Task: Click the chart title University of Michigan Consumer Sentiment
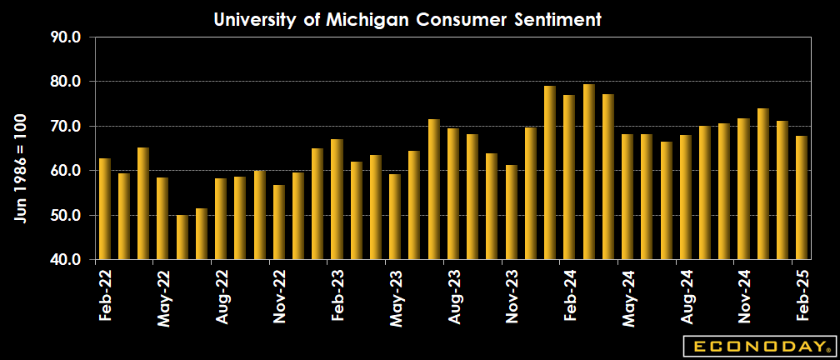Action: coord(407,19)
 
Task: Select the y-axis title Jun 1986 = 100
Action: coord(20,167)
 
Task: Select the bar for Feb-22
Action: coord(105,209)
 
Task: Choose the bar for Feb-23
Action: coord(337,200)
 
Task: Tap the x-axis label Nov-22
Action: coord(279,297)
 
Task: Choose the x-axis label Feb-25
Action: coord(802,297)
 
